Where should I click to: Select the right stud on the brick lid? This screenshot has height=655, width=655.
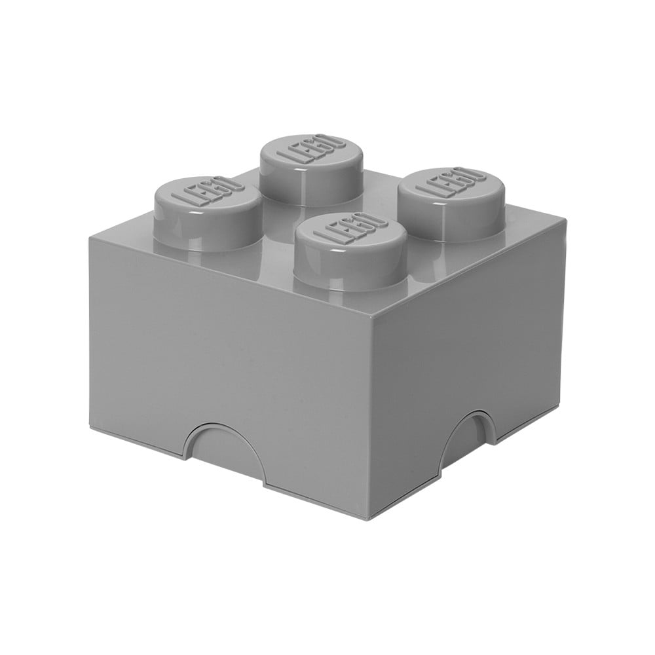451,204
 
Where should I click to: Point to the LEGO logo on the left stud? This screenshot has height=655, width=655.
206,193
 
